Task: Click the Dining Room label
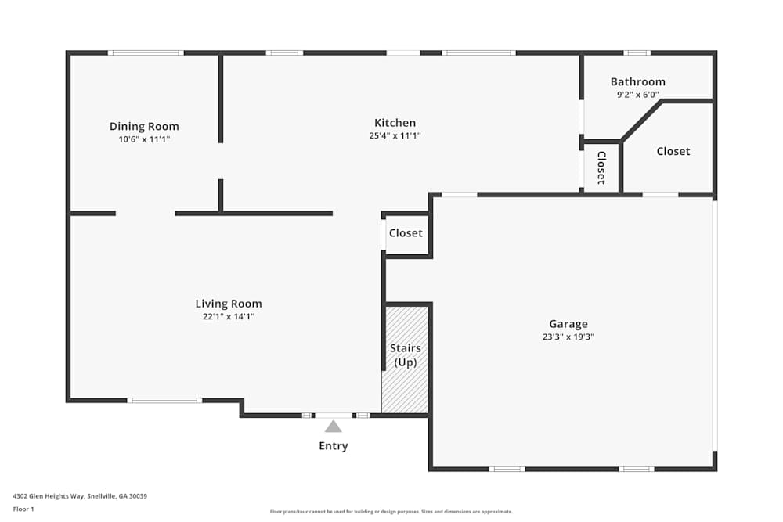144,126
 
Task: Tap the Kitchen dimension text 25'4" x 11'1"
395,135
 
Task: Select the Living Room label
229,304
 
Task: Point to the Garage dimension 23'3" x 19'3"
568,337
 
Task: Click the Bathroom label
637,81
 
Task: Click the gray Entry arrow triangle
333,427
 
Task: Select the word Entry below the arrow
333,446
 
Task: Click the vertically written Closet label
601,167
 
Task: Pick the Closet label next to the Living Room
406,232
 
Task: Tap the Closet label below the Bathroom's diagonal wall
673,151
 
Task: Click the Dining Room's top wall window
145,53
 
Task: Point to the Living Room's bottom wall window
164,401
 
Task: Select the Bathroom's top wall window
637,53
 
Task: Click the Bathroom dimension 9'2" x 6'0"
637,95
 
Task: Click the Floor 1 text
23,509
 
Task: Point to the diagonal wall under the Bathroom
642,121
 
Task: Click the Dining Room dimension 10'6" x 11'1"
144,139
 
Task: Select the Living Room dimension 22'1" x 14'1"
229,317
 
